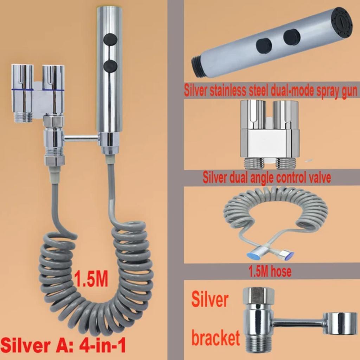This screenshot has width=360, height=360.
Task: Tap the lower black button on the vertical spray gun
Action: tap(110, 66)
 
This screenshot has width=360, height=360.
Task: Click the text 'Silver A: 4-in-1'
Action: tap(64, 346)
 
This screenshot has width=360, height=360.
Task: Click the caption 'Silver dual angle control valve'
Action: tap(267, 178)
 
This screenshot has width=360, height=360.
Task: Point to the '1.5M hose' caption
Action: tap(270, 271)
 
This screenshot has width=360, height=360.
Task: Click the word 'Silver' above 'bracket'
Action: tap(210, 301)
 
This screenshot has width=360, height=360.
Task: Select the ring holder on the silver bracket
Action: tap(339, 323)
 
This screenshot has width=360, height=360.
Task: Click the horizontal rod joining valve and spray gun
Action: tap(81, 139)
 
